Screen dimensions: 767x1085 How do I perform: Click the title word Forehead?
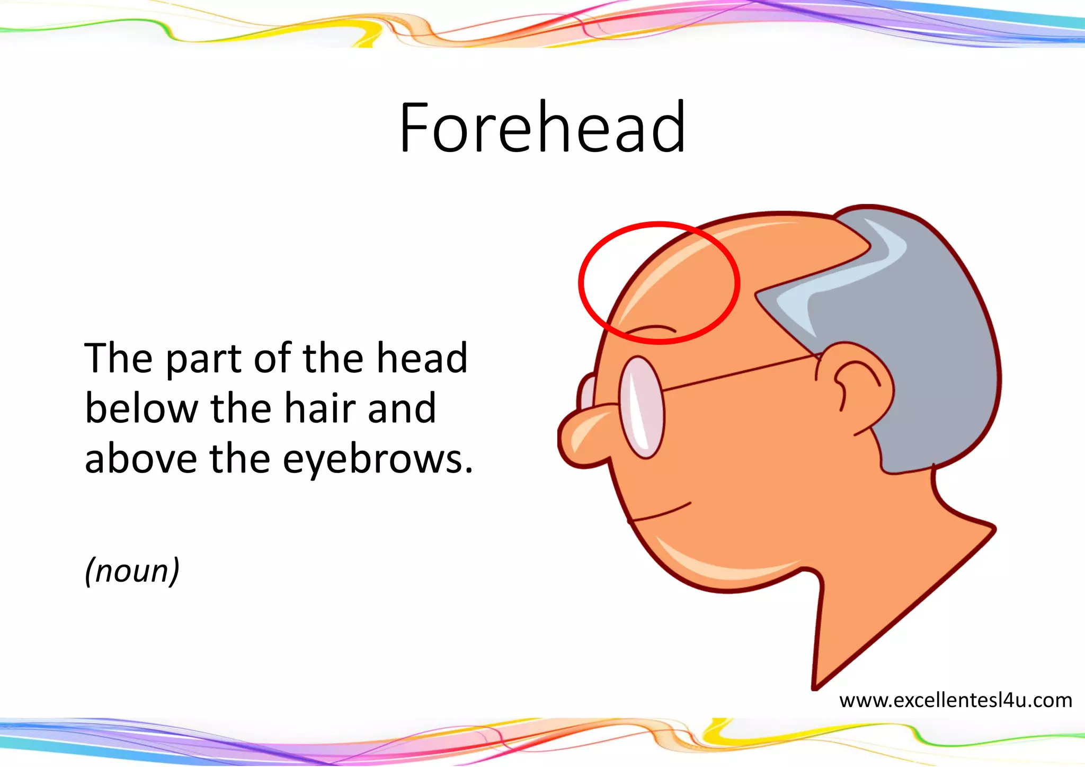(542, 128)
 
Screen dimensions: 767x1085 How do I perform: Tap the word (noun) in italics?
(132, 571)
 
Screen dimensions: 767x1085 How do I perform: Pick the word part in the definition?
(204, 359)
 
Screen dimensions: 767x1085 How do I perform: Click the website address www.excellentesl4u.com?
(956, 700)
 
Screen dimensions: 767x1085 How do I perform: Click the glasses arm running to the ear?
(742, 373)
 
